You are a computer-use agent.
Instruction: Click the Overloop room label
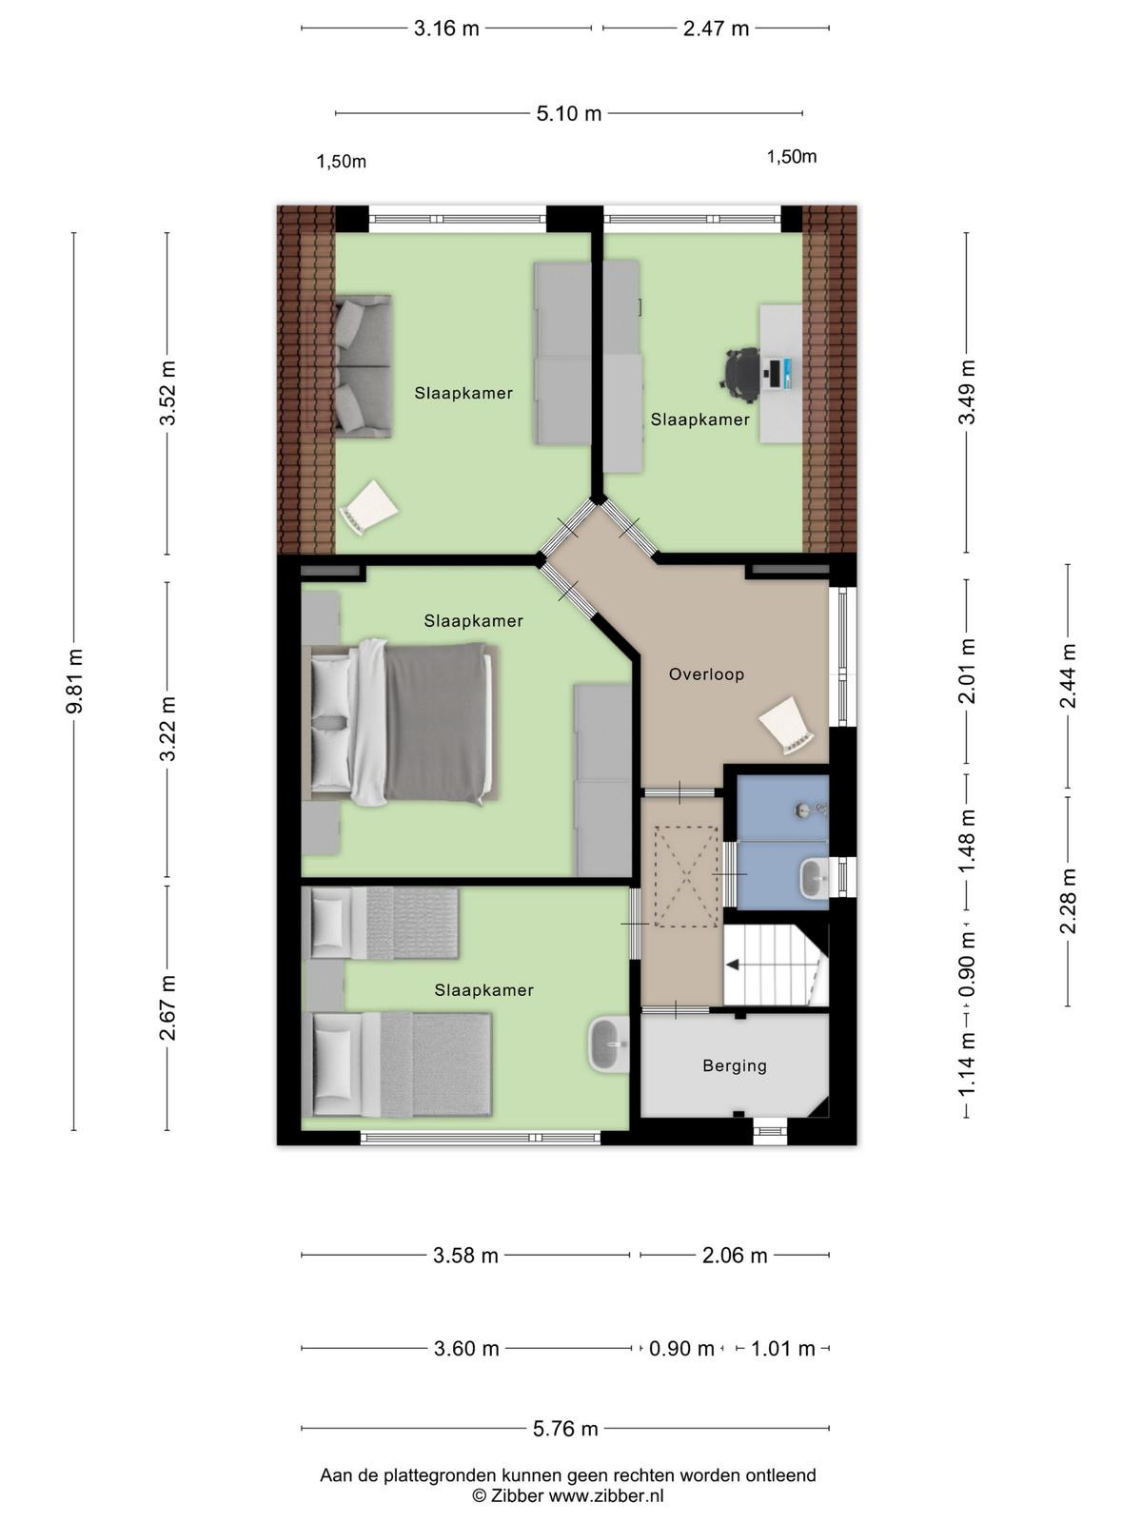coord(706,674)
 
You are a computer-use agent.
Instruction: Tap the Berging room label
coord(735,1065)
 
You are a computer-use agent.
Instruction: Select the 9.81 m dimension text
coord(74,681)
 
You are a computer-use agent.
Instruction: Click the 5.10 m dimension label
coord(568,114)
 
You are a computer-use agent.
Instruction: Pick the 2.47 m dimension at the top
coord(716,29)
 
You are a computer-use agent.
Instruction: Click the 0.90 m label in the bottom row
coord(680,1348)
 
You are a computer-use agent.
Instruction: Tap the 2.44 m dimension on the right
coord(1068,675)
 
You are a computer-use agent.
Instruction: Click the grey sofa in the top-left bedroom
coord(363,366)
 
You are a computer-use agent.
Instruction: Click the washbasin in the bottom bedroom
coord(609,1044)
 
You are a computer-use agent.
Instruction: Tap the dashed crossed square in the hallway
coord(686,876)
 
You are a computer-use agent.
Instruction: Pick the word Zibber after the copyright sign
coord(517,1495)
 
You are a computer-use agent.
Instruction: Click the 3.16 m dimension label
coord(446,29)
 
